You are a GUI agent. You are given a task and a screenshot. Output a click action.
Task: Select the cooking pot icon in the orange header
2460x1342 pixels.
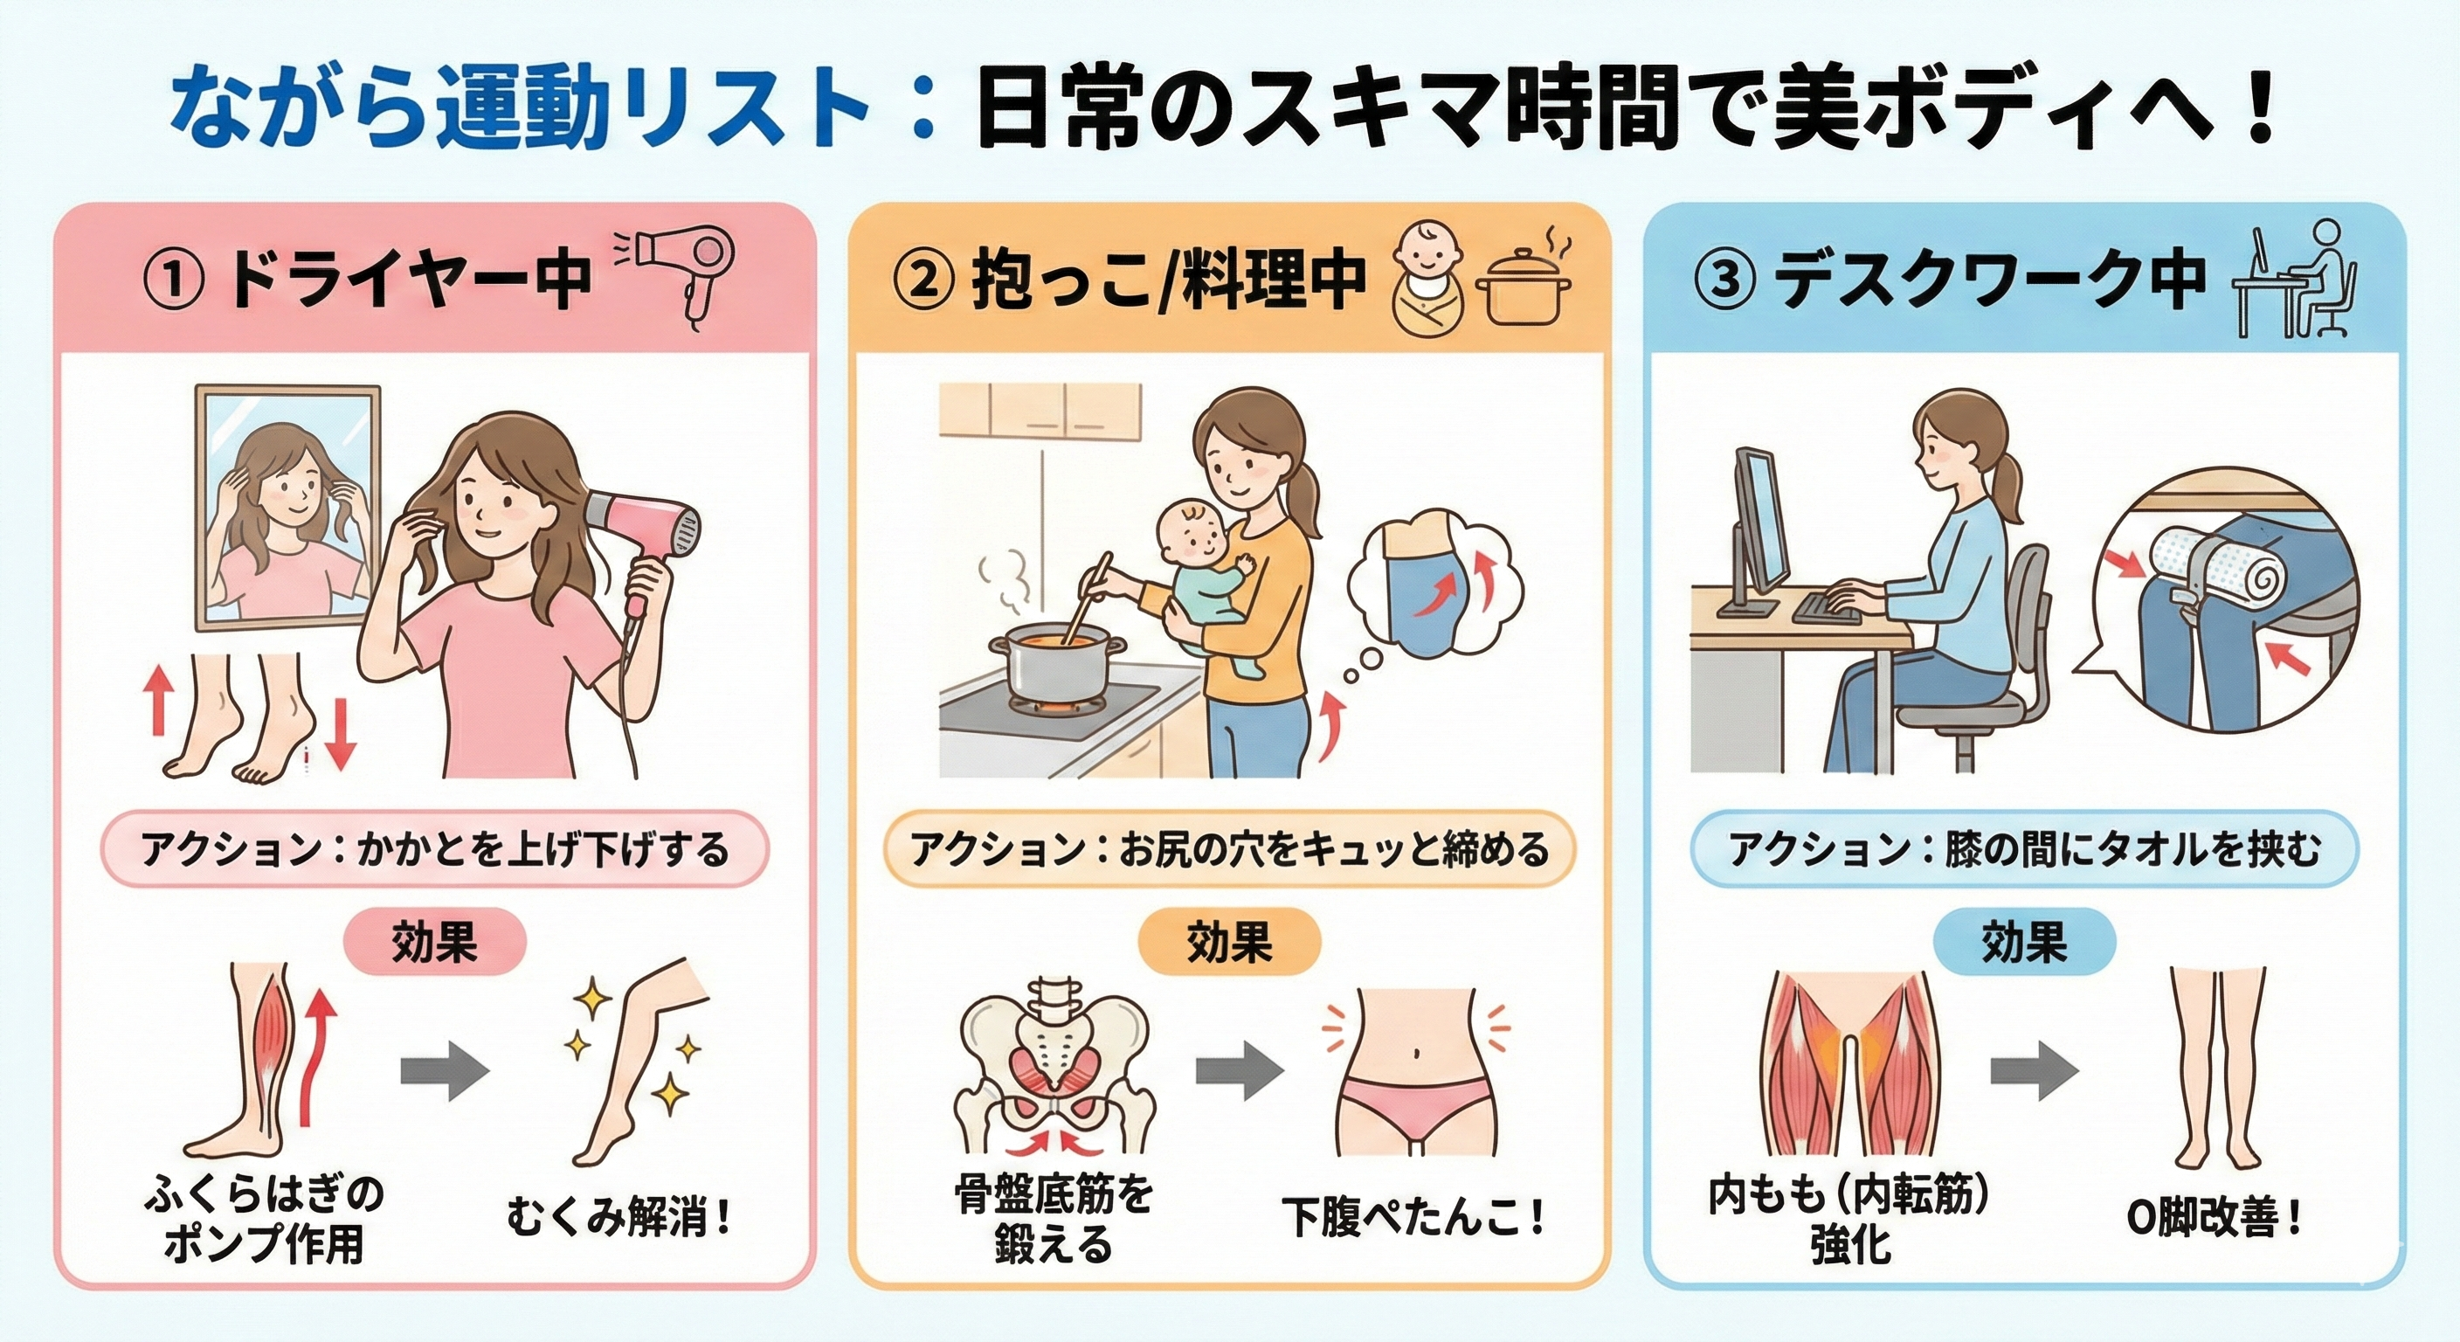[x=1521, y=287]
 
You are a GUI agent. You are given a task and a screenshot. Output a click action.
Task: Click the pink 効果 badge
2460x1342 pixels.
[x=434, y=942]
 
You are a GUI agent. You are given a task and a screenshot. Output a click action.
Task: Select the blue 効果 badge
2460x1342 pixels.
[x=2023, y=942]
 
